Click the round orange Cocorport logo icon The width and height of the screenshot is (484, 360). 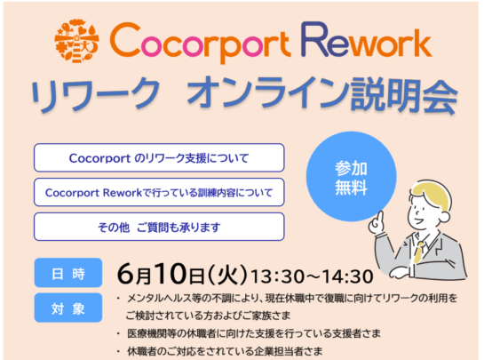click(76, 41)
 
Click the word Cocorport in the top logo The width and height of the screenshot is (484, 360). click(200, 42)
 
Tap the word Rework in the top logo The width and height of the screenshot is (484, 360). click(367, 39)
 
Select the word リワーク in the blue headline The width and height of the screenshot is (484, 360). click(95, 93)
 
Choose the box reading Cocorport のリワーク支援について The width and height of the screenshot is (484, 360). click(159, 157)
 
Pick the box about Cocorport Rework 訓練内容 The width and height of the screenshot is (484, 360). click(159, 192)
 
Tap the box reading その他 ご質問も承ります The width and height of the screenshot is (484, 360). click(159, 227)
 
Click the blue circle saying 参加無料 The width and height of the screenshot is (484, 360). click(351, 177)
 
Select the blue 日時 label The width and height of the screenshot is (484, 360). click(68, 273)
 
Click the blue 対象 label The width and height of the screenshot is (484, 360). click(68, 308)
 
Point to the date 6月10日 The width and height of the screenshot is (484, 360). click(161, 274)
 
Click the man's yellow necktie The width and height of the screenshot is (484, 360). click(418, 252)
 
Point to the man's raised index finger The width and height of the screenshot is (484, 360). click(380, 217)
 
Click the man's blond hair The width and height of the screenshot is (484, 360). click(433, 196)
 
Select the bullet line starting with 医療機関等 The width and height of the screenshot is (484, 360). click(249, 333)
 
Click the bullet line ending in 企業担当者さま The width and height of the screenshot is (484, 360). click(219, 351)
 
